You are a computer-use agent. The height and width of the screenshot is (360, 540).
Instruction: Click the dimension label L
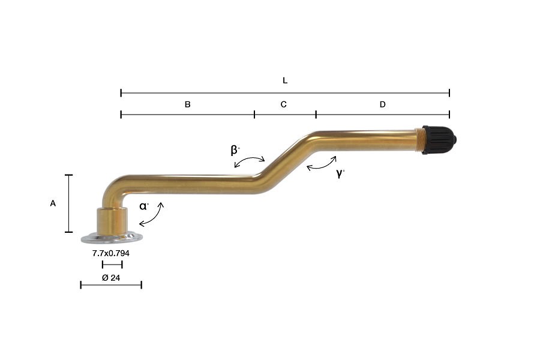pos(285,80)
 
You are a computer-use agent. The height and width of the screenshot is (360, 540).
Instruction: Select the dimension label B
pos(187,104)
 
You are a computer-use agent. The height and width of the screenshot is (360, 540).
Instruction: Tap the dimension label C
pos(284,104)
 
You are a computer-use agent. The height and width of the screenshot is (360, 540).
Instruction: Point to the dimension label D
pos(383,104)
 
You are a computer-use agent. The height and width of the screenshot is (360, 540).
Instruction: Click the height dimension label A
pos(53,204)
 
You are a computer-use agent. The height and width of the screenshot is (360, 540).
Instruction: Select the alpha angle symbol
pos(144,206)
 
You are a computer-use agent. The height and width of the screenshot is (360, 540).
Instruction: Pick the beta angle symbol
pos(235,151)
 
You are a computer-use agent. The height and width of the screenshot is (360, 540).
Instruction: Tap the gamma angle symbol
pos(340,174)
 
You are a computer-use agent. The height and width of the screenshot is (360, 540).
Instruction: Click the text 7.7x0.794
pos(111,254)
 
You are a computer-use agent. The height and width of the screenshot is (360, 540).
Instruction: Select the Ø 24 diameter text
pos(111,278)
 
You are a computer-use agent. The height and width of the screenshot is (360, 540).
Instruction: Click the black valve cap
pos(439,139)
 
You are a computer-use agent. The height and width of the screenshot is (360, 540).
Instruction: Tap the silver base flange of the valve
pos(112,238)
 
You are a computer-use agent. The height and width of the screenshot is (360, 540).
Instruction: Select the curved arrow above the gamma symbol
pos(322,164)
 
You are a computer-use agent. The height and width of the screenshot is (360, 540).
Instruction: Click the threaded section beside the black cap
pos(420,139)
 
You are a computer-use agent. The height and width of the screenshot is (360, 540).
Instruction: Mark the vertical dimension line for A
pos(69,203)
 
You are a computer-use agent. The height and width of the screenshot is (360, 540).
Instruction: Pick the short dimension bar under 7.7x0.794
pos(112,265)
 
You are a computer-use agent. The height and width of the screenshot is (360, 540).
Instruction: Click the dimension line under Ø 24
pos(111,284)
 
